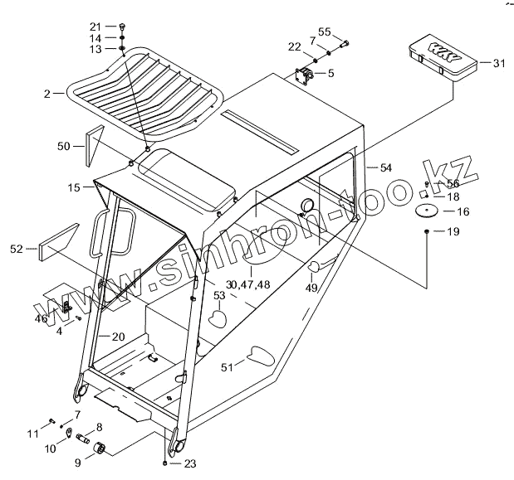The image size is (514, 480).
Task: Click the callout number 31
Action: tap(498, 63)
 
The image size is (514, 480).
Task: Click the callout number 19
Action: tap(453, 232)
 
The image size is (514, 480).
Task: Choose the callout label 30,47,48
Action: tap(247, 284)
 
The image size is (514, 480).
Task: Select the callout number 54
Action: tap(385, 168)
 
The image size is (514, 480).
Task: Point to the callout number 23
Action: tap(190, 463)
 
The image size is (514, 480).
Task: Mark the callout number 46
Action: tap(42, 318)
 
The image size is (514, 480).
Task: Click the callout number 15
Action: tap(75, 189)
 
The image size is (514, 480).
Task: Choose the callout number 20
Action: tap(118, 337)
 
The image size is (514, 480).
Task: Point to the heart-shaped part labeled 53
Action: tap(218, 318)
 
